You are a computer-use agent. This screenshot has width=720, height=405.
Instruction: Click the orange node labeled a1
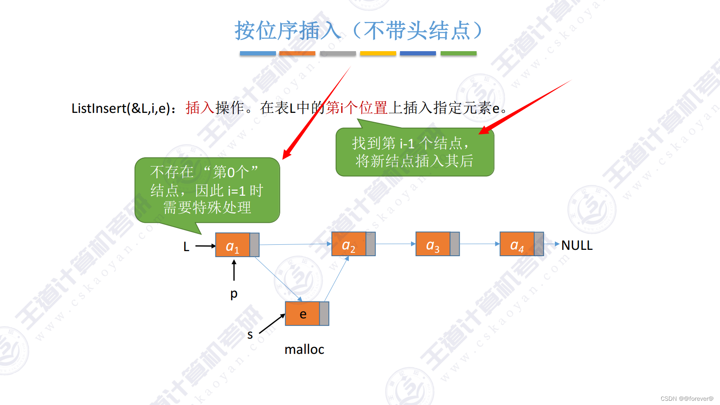tap(232, 245)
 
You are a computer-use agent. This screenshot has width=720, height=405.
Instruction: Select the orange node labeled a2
tap(349, 244)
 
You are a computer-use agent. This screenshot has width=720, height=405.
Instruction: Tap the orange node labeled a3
tap(433, 244)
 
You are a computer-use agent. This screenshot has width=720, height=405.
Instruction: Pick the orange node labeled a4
tap(517, 244)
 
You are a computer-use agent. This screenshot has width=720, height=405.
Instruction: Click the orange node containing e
tap(302, 314)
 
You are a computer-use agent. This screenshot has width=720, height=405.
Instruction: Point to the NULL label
tap(577, 245)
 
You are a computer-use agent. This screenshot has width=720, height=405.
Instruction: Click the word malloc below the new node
tap(304, 349)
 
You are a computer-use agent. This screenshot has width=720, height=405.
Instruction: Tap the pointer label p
tap(234, 293)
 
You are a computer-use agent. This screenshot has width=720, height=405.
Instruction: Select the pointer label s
tap(250, 335)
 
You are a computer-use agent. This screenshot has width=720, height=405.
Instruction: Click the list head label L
tap(186, 246)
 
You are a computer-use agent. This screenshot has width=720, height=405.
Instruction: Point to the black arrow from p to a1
tap(234, 271)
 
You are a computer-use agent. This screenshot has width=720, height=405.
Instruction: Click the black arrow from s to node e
tap(272, 324)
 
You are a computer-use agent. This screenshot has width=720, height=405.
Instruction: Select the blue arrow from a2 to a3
tap(395, 244)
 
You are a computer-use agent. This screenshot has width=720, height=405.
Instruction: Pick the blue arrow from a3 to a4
tap(480, 244)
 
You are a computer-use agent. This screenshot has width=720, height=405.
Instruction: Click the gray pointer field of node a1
tap(254, 245)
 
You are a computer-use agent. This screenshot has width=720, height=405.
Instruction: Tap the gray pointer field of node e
tap(324, 314)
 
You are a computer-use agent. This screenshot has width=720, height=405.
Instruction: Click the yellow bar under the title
tap(378, 54)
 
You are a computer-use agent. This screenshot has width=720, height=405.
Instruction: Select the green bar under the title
tap(458, 54)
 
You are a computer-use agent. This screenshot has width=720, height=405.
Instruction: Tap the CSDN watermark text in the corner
tap(687, 399)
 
